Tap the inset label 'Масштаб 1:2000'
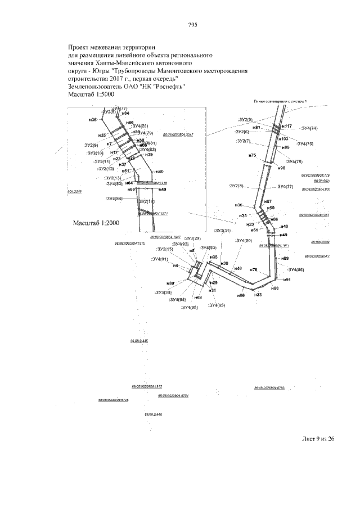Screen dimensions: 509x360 96,223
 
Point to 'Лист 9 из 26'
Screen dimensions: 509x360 318,440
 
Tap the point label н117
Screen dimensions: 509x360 286,126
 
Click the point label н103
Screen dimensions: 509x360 284,138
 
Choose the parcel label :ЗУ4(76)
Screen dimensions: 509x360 299,161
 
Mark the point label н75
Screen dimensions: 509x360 252,155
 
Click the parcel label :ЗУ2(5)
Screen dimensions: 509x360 245,120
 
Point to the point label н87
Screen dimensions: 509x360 268,201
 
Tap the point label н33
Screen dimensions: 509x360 258,295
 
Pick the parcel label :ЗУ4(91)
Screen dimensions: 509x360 160,259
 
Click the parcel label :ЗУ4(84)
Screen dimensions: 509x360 114,199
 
